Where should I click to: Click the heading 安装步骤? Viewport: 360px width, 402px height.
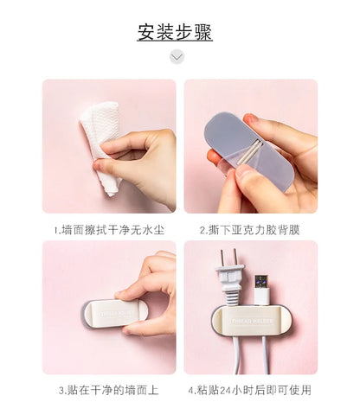175,32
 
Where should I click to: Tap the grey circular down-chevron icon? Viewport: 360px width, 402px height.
177,56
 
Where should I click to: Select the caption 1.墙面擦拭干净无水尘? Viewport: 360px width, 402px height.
109,230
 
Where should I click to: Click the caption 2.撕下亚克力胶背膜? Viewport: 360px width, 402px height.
250,230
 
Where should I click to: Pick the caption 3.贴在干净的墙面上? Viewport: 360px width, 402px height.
109,390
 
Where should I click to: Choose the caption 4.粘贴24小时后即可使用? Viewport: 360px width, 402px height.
250,390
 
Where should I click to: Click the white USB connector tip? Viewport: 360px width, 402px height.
261,290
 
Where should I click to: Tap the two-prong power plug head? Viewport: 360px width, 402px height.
230,276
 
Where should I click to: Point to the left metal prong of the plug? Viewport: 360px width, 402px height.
222,258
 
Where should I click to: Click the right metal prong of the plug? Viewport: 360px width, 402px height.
235,257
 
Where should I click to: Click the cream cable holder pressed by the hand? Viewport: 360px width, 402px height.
115,314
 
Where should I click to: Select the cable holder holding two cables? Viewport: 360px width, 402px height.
251,320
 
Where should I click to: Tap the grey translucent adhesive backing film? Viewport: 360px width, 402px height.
247,149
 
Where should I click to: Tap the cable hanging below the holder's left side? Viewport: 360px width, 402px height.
236,355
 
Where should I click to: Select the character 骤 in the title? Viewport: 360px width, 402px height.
203,32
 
